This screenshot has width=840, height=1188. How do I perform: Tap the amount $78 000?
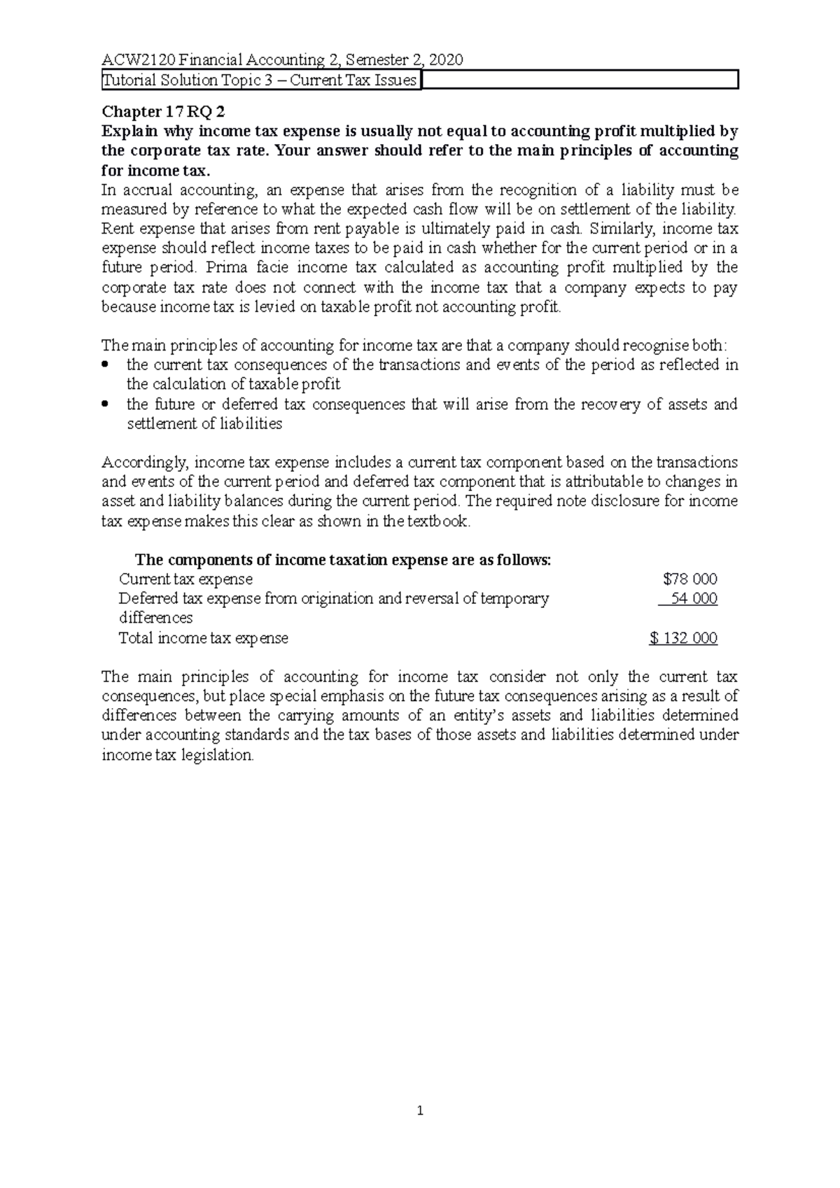[689, 579]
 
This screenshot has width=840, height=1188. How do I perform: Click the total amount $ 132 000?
[683, 638]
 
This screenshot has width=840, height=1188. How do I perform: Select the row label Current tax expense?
[185, 579]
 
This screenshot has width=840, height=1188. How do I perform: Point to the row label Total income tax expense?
[203, 638]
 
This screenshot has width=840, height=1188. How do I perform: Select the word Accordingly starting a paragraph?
[145, 462]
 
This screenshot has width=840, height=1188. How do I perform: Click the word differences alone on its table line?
[155, 618]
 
